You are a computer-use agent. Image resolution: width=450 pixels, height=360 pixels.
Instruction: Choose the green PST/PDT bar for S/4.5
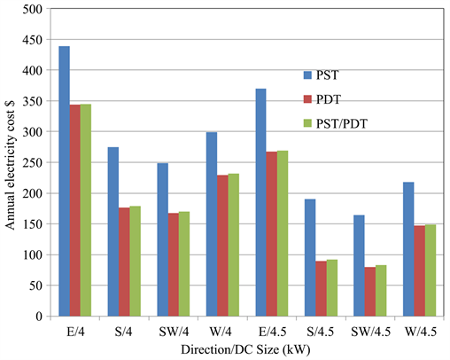331,287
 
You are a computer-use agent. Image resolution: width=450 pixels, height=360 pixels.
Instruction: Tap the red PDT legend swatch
307,99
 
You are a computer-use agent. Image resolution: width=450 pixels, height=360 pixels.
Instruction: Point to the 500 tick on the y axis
32,10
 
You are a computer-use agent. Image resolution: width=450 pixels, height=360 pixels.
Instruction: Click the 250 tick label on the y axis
32,163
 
